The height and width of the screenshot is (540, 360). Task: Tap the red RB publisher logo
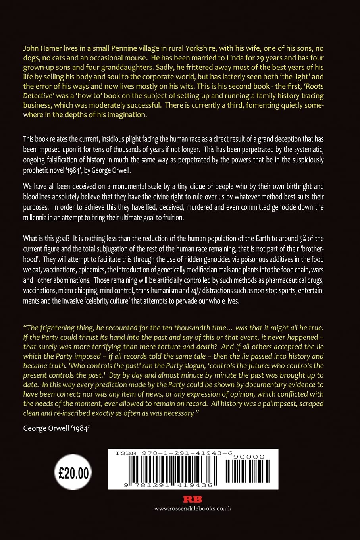(193, 499)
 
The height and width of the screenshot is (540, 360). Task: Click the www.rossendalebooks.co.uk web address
(193, 508)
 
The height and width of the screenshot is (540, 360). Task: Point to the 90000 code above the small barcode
(249, 457)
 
